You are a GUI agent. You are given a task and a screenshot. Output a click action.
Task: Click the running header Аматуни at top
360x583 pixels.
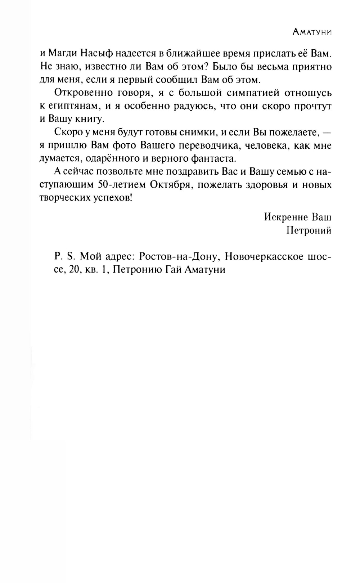(x=312, y=32)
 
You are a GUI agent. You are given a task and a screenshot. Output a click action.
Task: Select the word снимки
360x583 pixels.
(x=199, y=132)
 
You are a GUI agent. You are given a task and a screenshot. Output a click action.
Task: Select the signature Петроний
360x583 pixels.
(x=309, y=230)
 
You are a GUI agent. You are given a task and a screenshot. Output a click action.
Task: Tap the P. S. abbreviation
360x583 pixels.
(x=64, y=256)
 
